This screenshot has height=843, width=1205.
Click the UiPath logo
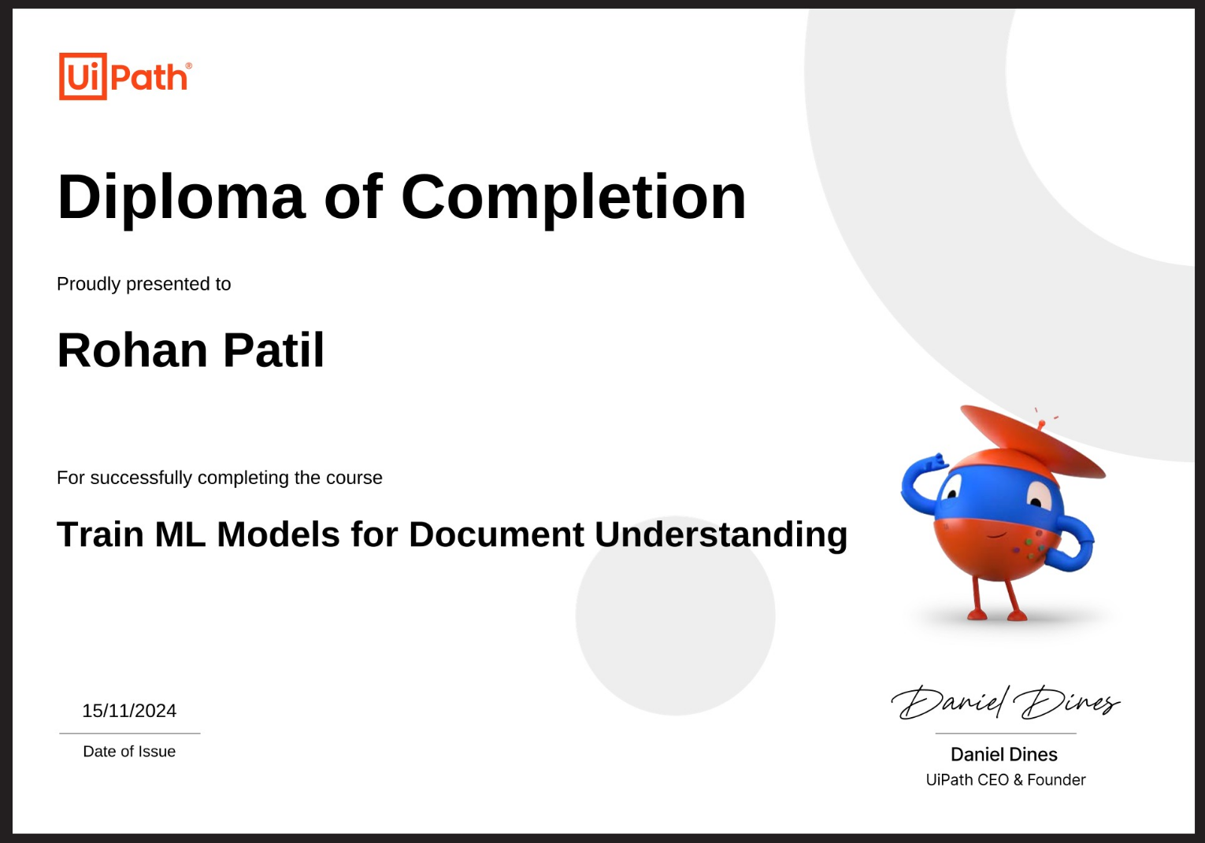[125, 76]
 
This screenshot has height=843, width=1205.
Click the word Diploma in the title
[182, 198]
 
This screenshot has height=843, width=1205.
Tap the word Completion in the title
[573, 198]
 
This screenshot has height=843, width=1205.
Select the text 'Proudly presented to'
[143, 284]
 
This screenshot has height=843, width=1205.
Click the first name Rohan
[132, 350]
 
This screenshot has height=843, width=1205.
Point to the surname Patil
[274, 350]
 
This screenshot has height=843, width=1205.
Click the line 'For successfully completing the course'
[220, 478]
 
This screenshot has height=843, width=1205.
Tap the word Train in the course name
[100, 534]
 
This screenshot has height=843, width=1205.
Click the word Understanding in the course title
[721, 535]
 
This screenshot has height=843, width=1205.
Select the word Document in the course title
[496, 534]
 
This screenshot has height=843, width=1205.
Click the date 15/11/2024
[129, 711]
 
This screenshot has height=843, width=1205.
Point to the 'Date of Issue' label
[129, 751]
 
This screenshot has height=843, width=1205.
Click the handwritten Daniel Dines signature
[1006, 702]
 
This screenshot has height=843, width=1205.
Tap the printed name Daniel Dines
[1004, 754]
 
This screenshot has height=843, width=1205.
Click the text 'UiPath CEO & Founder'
[1006, 779]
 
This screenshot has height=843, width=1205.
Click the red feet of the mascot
[997, 615]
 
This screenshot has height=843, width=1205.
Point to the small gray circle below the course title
[675, 616]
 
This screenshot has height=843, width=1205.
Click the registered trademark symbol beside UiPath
[188, 65]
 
